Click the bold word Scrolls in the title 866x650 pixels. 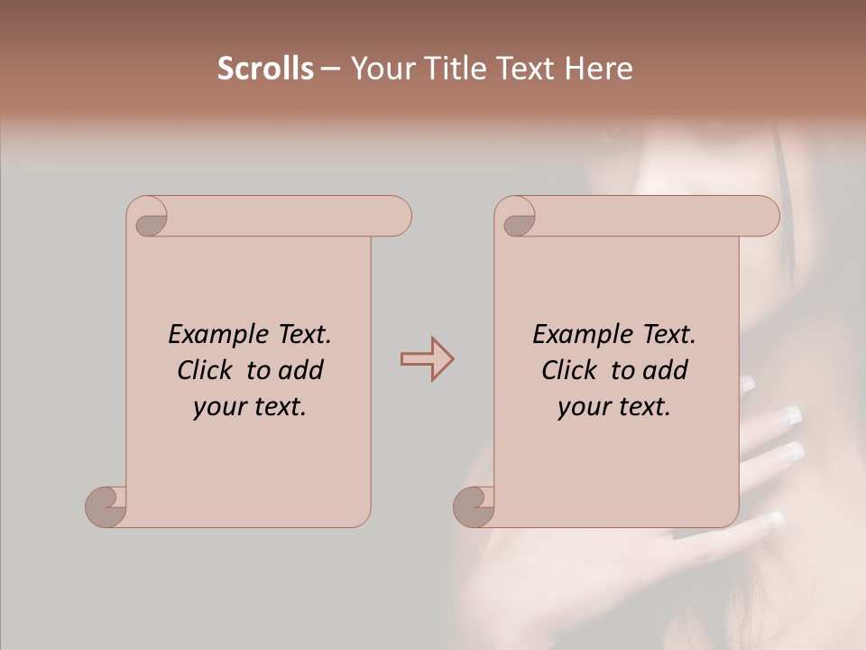tap(265, 69)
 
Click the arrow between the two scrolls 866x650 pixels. tap(428, 359)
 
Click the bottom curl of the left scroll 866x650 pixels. tap(106, 506)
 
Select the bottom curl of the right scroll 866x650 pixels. tap(474, 506)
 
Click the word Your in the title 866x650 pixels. tap(376, 69)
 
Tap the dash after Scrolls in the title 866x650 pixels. tap(330, 69)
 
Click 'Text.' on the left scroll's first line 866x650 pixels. tap(303, 335)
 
